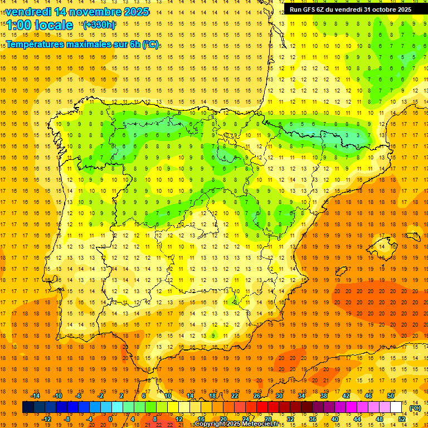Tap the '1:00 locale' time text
click(40, 25)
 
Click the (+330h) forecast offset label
click(99, 25)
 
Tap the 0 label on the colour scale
click(110, 419)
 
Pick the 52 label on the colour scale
click(401, 419)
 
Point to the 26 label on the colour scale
click(257, 396)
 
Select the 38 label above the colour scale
click(324, 396)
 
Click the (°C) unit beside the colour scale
click(415, 407)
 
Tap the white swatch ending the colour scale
click(396, 407)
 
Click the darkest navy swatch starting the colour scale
click(28, 407)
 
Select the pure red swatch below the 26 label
click(262, 407)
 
